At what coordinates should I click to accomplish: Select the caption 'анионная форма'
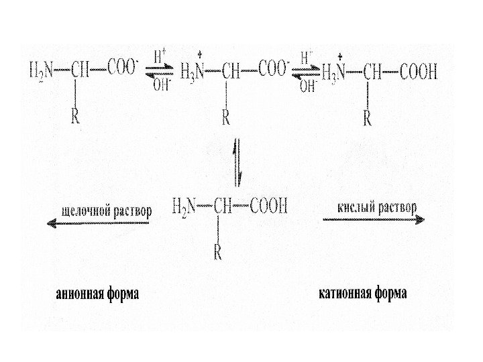click(98, 294)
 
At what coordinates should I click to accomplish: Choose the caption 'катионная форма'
click(362, 294)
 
